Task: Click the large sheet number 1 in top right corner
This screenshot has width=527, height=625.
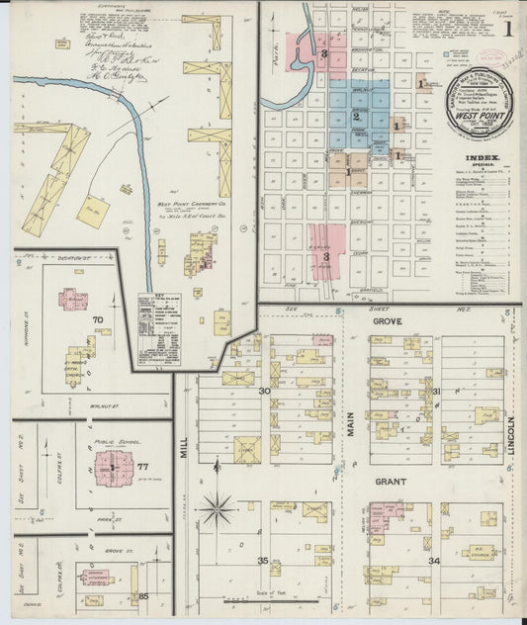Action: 507,30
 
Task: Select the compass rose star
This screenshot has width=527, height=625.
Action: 218,508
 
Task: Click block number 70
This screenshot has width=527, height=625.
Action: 98,320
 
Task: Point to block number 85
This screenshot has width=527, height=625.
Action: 142,595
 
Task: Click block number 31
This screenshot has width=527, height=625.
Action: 436,393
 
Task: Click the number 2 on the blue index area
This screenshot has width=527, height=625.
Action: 356,116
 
